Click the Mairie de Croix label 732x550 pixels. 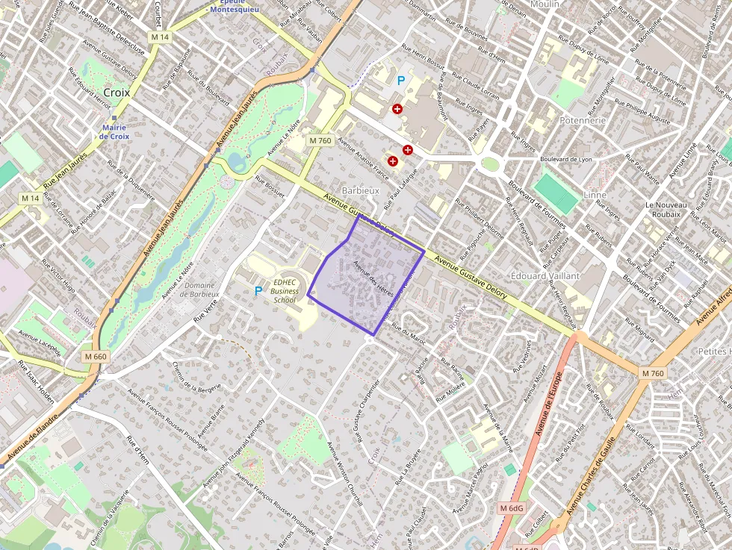click(x=114, y=131)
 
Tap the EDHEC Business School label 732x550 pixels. click(x=285, y=291)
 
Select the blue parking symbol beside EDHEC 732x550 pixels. click(x=258, y=291)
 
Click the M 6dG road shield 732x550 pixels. click(x=512, y=508)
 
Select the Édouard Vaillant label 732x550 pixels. click(x=545, y=275)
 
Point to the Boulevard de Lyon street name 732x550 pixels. click(x=565, y=160)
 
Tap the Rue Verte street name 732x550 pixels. click(x=206, y=309)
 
